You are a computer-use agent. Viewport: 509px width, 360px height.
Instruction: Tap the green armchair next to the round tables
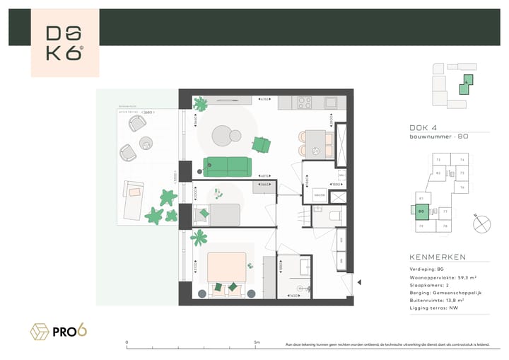tap(261, 144)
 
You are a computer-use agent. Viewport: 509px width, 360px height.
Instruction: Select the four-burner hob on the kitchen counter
tap(305, 103)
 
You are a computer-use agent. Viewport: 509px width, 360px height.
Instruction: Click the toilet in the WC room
tap(336, 216)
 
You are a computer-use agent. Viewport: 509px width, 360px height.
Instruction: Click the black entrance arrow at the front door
tap(358, 283)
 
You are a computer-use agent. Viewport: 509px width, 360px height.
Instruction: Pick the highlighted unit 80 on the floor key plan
tap(421, 211)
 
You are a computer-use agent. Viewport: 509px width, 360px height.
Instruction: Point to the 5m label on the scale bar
tap(256, 343)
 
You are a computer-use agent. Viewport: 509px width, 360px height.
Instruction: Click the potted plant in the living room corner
tap(201, 105)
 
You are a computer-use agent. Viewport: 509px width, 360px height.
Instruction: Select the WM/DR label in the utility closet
tap(319, 195)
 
